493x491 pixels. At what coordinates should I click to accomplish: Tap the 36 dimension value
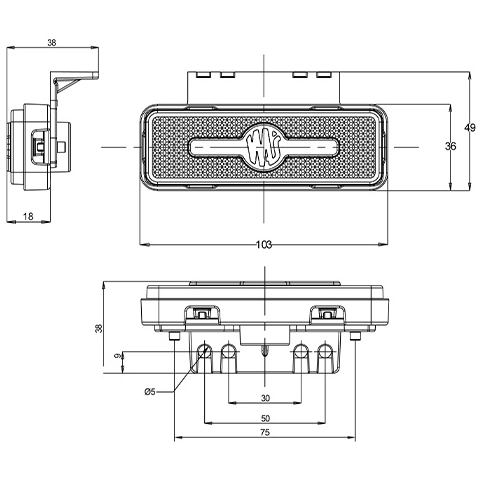pyautogui.click(x=451, y=146)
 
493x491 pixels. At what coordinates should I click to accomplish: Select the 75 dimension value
pyautogui.click(x=265, y=433)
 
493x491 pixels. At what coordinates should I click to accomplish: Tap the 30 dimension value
pyautogui.click(x=265, y=398)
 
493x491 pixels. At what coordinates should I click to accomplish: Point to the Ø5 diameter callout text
pyautogui.click(x=150, y=391)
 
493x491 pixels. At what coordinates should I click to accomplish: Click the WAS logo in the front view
pyautogui.click(x=264, y=146)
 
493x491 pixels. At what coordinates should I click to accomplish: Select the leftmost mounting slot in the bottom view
pyautogui.click(x=205, y=352)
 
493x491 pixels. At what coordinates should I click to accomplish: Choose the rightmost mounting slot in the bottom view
pyautogui.click(x=325, y=352)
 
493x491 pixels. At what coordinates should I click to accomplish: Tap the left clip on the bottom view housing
pyautogui.click(x=203, y=312)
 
